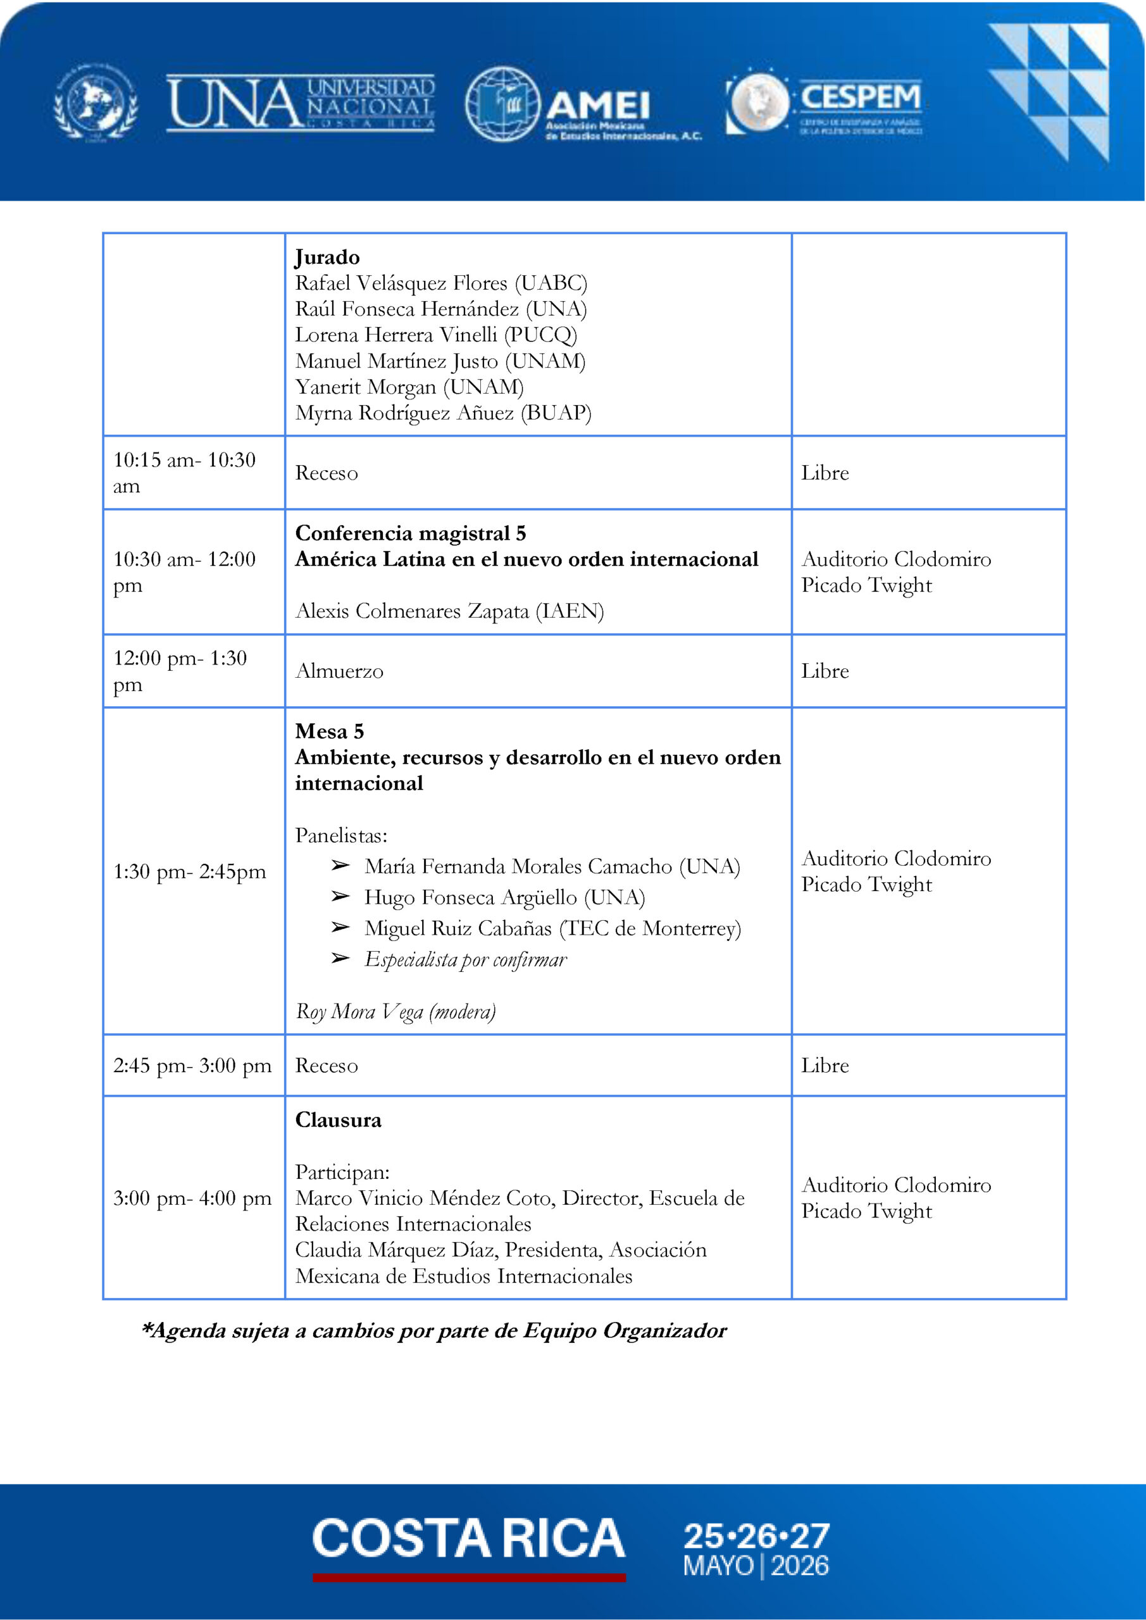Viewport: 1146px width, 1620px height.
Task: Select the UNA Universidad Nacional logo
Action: click(301, 104)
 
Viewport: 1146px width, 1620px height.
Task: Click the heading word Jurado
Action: click(327, 257)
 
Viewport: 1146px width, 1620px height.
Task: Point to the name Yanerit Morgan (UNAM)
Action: click(409, 387)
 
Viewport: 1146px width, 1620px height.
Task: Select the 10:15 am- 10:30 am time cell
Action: click(184, 473)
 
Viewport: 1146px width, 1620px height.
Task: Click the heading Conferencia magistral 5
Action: click(410, 533)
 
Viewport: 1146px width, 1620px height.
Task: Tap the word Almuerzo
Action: click(339, 671)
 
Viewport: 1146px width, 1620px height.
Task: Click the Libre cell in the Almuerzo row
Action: click(824, 671)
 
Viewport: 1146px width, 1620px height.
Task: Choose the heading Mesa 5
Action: click(329, 731)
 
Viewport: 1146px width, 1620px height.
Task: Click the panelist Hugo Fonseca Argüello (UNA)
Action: click(504, 897)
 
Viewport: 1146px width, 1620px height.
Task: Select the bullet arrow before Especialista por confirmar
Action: click(340, 958)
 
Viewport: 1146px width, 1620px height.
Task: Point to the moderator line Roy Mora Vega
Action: click(395, 1011)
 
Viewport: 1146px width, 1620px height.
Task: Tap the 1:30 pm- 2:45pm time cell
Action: click(189, 871)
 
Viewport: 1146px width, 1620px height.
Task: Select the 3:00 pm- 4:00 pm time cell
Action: click(192, 1197)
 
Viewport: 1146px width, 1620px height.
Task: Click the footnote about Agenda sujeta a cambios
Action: click(434, 1330)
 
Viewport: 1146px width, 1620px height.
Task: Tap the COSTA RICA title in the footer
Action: click(468, 1538)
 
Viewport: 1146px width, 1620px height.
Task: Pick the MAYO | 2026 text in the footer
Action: click(755, 1566)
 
